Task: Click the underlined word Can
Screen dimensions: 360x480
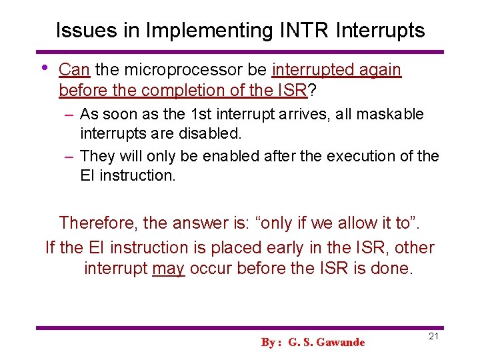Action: click(x=75, y=70)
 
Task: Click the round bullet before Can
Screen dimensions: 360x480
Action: click(x=44, y=67)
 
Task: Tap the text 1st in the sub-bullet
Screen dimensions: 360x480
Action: click(x=197, y=114)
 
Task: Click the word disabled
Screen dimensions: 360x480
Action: click(x=211, y=134)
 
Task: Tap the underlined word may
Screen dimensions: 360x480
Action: click(x=168, y=269)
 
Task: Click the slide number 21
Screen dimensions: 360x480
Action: click(x=433, y=336)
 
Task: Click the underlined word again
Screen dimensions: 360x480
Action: click(x=379, y=70)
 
